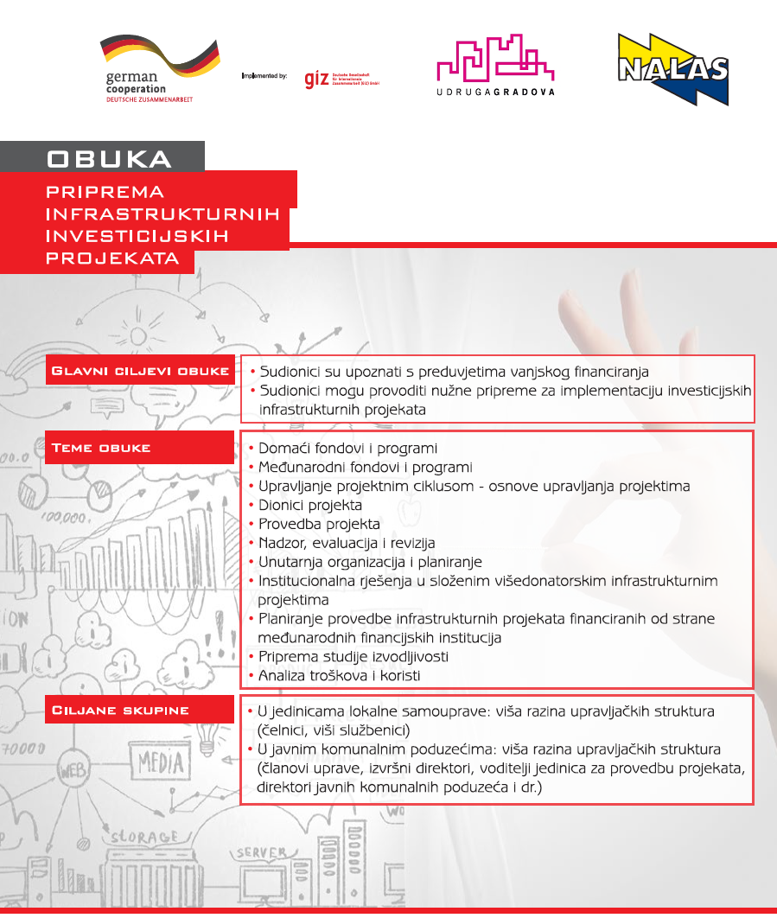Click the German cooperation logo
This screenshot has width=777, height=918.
coord(147,68)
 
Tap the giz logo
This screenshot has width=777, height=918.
coord(316,79)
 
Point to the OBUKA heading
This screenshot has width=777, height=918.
coord(109,159)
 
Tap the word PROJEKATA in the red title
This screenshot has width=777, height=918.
coord(113,258)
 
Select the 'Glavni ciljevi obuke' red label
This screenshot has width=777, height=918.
coord(140,372)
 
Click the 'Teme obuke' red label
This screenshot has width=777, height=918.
coord(102,448)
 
